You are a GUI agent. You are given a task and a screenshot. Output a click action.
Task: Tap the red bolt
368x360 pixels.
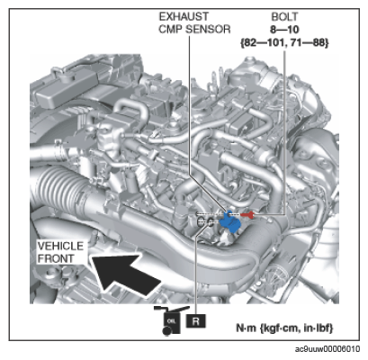(248, 214)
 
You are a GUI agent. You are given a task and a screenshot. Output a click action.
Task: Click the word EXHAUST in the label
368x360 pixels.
(184, 16)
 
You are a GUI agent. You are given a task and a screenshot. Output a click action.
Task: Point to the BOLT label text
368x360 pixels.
(285, 17)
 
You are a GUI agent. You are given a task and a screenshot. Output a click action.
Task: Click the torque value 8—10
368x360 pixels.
(284, 30)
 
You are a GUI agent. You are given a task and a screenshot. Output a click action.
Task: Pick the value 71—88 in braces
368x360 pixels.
(310, 43)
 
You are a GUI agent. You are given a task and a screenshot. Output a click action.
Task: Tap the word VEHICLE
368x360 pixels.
(60, 247)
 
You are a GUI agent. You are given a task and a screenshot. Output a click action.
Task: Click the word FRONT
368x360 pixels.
(56, 258)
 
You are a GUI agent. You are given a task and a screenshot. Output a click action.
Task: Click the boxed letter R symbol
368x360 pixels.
(196, 321)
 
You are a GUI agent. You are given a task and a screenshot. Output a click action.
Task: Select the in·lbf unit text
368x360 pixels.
(318, 328)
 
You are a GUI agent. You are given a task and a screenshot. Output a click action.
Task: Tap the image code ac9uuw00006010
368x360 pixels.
(328, 349)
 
